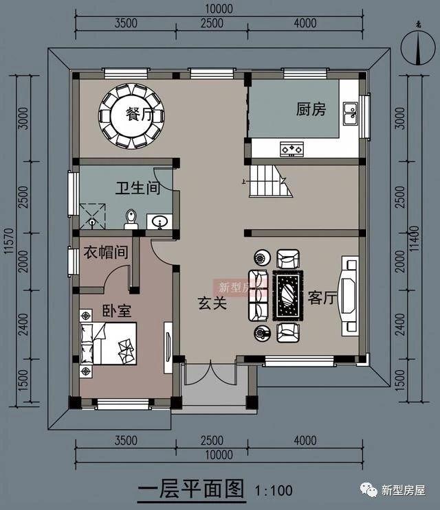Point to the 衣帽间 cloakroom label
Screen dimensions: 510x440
tap(105, 252)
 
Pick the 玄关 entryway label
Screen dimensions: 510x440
tap(212, 303)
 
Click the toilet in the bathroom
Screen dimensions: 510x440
tap(131, 218)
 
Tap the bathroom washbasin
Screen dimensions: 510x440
tap(160, 222)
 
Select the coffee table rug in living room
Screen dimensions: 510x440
tap(287, 295)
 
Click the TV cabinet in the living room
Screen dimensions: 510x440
tap(350, 296)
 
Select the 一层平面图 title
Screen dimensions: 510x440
tap(191, 489)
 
